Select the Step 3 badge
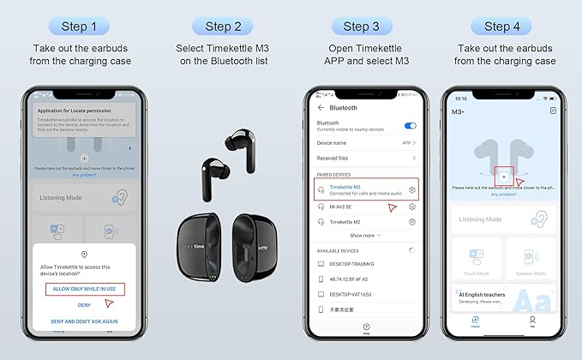coord(367,27)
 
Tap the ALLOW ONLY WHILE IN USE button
coord(85,289)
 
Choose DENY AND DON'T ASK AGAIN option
coord(84,320)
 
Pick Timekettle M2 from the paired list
coord(351,221)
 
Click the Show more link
coord(365,235)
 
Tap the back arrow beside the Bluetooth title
coord(321,108)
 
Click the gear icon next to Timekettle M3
coord(412,189)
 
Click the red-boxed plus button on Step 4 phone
coord(503,175)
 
